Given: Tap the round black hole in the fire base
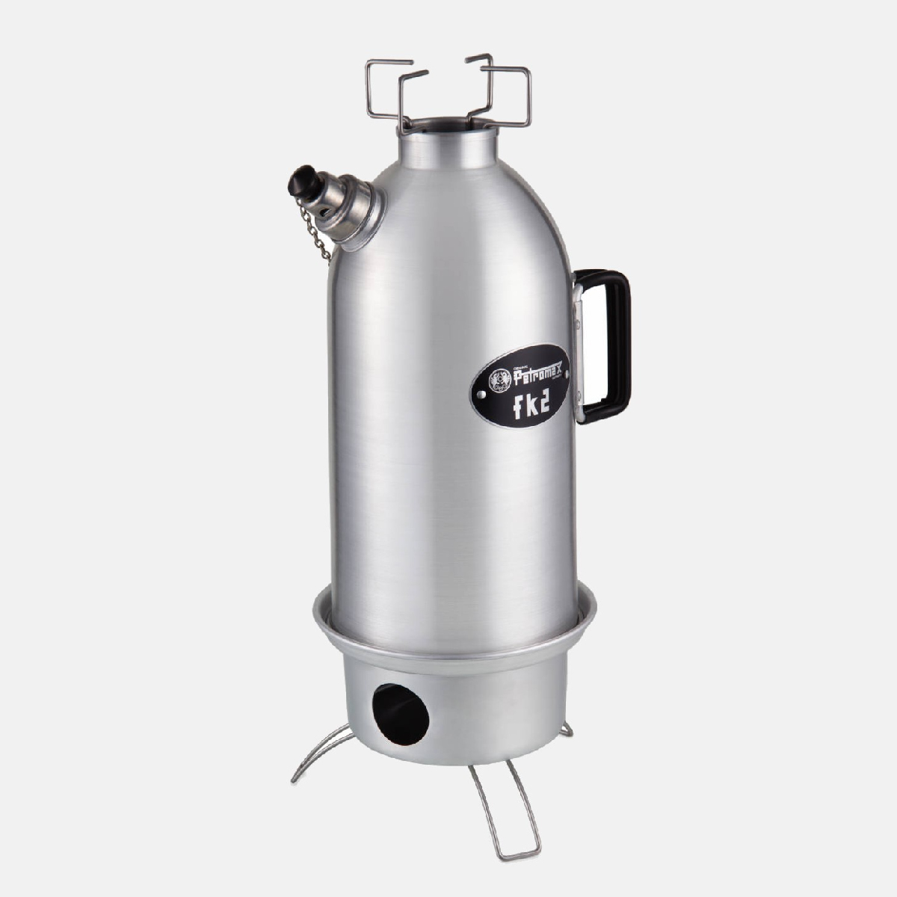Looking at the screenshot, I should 401,715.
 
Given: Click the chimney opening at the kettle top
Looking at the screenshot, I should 449,123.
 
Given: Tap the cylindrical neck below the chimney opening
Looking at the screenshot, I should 449,149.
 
